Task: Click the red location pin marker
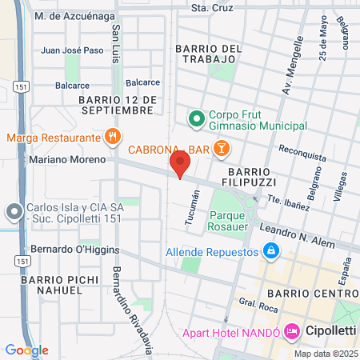coord(180,166)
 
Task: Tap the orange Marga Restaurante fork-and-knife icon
coord(113,137)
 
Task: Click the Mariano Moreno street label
coord(55,159)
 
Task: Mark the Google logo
coord(26,350)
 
